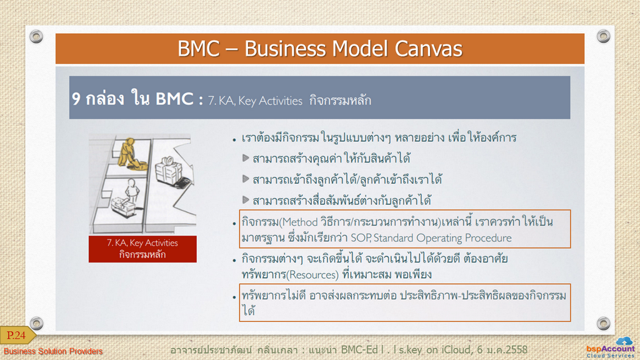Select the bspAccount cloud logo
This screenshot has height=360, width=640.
pos(611,347)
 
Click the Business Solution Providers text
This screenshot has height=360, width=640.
pos(53,351)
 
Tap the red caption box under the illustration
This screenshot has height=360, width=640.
pos(142,249)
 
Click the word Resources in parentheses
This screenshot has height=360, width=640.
pos(312,275)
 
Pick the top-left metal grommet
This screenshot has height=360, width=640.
pos(36,36)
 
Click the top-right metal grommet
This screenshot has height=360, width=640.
pos(603,36)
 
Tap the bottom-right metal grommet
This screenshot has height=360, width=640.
pos(603,323)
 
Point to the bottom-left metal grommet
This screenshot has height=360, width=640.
pos(36,323)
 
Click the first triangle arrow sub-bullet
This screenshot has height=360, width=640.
pos(245,158)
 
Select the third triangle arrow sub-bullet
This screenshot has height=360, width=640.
pos(245,199)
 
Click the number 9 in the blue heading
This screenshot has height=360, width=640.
pos(76,99)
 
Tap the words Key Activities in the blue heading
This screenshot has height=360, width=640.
pos(270,101)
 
